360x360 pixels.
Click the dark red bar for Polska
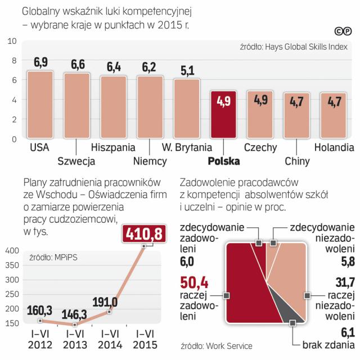[x=224, y=115]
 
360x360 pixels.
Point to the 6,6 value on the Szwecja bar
[x=78, y=65]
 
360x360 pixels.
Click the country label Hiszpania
[x=112, y=148]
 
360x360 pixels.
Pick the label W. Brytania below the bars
[x=186, y=148]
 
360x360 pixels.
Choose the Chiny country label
[x=297, y=161]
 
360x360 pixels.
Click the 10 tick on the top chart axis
[x=12, y=41]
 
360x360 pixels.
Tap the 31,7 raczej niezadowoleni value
[x=343, y=281]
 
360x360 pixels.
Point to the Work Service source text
[x=217, y=346]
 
